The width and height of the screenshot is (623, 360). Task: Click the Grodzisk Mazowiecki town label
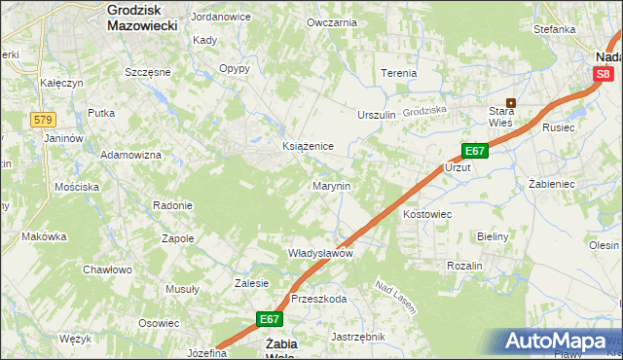pos(141,18)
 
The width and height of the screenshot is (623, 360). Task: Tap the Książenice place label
pos(308,146)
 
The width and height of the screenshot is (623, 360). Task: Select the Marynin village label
pos(331,185)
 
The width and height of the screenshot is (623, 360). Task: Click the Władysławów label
pos(319,253)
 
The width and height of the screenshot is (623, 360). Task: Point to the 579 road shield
pos(41,120)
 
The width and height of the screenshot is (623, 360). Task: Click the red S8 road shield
pos(604,74)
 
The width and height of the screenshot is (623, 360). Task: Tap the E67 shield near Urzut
pos(474,151)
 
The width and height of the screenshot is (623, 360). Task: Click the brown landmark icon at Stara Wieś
pos(509,102)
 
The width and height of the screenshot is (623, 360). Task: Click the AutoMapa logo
pos(558,341)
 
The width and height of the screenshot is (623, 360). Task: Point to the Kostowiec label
pos(427,213)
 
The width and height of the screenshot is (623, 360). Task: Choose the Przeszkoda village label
pos(318,299)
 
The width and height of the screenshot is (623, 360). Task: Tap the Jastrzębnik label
pos(358,337)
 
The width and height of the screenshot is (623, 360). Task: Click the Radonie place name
pos(172,205)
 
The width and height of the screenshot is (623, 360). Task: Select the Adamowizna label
pos(130,156)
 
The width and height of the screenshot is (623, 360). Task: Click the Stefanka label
pos(554,29)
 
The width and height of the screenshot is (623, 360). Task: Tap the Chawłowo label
pos(107,270)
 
